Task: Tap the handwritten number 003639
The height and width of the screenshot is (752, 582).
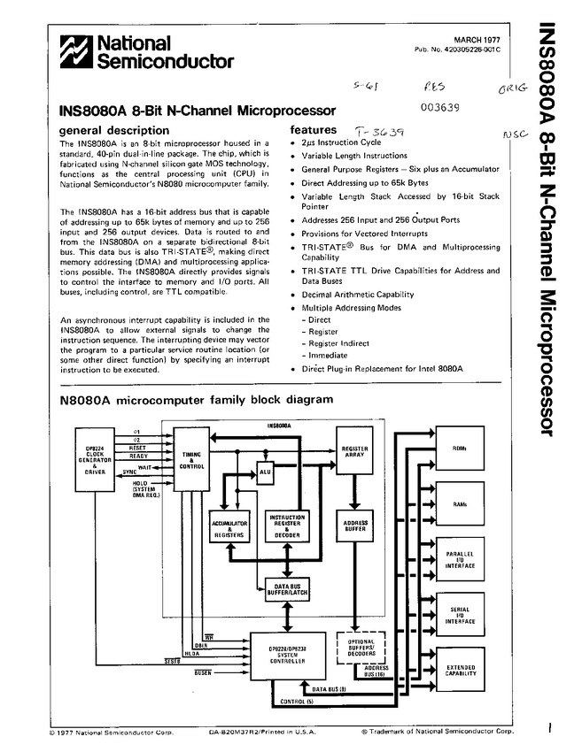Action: click(439, 109)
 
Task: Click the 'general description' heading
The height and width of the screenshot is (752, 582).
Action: click(107, 130)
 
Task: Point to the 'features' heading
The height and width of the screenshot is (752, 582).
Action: click(314, 129)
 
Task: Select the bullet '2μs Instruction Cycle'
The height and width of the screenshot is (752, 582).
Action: click(341, 142)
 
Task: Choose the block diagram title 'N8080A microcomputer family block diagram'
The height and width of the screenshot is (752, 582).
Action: click(196, 399)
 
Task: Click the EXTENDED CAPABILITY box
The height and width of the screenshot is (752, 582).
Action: click(459, 670)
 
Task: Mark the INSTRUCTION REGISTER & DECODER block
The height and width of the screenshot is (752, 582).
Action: click(286, 528)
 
